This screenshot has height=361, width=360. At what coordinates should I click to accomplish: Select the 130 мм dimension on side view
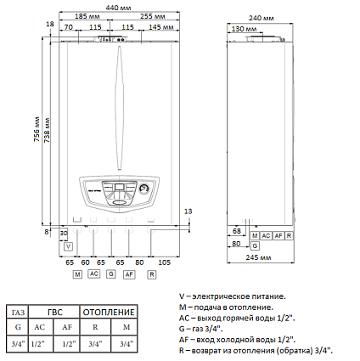pyautogui.click(x=245, y=27)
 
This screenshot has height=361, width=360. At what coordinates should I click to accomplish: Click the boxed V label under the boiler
pyautogui.click(x=68, y=245)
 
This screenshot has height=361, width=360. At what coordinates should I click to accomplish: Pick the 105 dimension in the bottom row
pyautogui.click(x=164, y=264)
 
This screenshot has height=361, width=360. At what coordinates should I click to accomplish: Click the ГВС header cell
pyautogui.click(x=53, y=311)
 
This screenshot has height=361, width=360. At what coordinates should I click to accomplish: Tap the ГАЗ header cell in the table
pyautogui.click(x=18, y=311)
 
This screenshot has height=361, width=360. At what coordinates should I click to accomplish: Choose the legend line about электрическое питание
pyautogui.click(x=241, y=296)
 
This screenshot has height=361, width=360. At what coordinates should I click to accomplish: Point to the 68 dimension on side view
pyautogui.click(x=237, y=231)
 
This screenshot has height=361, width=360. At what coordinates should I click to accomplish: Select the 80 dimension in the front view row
pyautogui.click(x=138, y=264)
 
